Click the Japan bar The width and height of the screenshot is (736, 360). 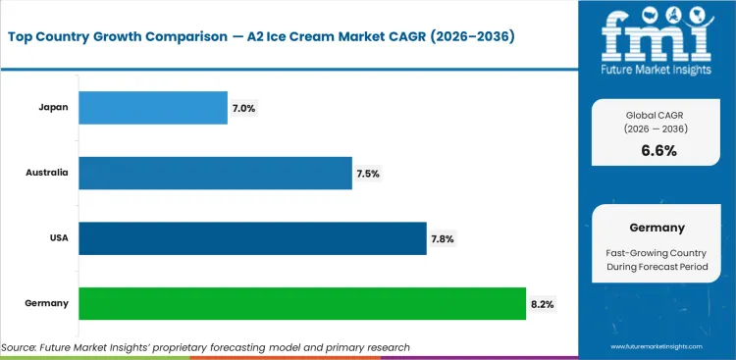tap(152, 108)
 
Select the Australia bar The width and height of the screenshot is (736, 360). tap(214, 173)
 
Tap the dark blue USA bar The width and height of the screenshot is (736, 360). tap(252, 238)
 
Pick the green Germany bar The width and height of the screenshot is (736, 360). tap(301, 303)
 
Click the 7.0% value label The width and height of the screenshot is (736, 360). tap(243, 108)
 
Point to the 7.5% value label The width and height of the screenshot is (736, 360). tap(368, 174)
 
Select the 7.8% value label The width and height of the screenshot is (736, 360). tap(443, 238)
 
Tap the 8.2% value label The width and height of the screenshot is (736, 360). tap(542, 304)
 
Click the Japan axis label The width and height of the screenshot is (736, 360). tap(54, 108)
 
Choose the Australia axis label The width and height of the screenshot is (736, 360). tap(47, 173)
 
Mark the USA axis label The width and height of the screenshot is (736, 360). tap(57, 238)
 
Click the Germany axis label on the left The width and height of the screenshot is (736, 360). tap(48, 303)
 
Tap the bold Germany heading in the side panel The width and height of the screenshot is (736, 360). tap(657, 228)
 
